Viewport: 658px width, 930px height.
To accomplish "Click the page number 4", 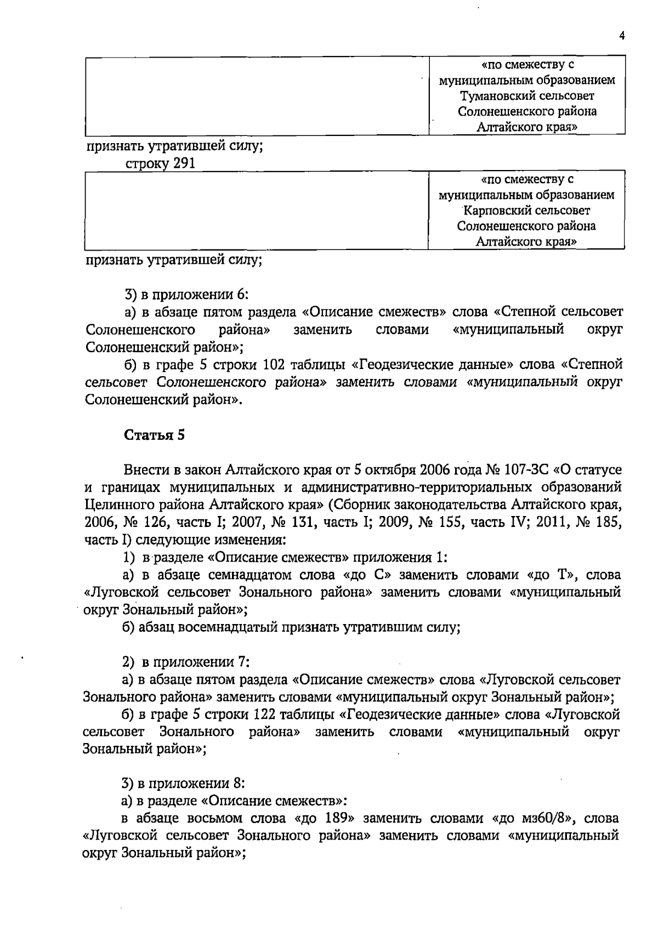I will coord(622,36).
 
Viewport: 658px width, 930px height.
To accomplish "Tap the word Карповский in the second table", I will coord(497,211).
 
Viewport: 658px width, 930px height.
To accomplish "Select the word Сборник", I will coord(361,505).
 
